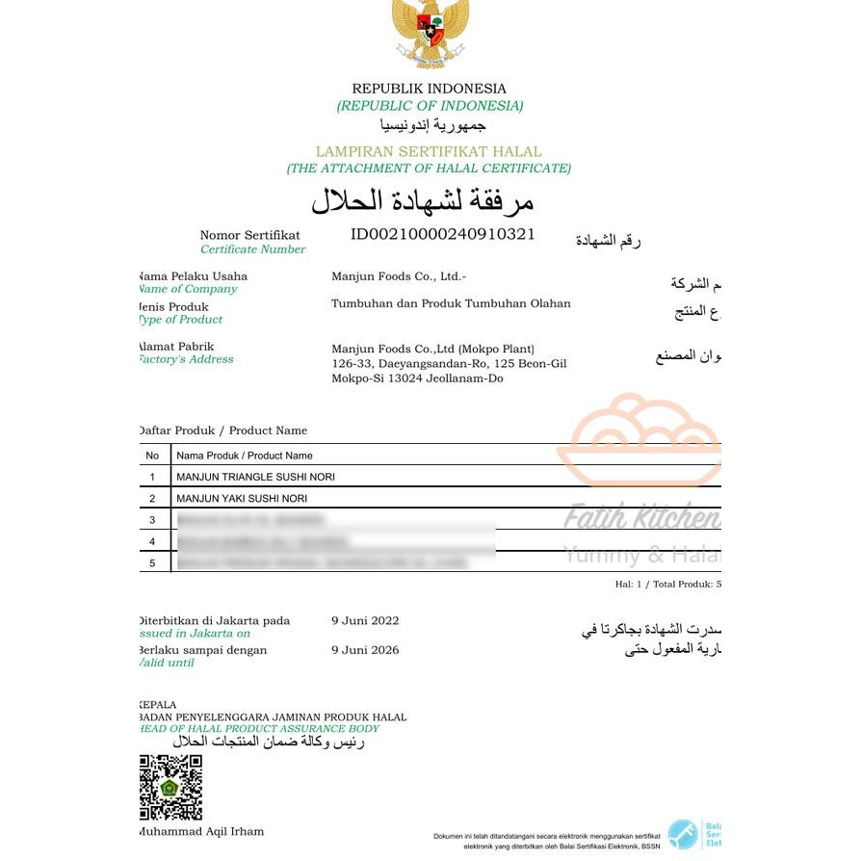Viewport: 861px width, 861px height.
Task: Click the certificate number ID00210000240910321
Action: click(442, 234)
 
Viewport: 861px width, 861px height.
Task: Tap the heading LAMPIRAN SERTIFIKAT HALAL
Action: click(429, 151)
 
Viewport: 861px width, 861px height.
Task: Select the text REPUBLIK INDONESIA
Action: click(429, 89)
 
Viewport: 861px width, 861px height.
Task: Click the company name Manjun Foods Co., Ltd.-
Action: click(399, 276)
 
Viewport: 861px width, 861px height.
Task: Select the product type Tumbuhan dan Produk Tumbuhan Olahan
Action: click(451, 303)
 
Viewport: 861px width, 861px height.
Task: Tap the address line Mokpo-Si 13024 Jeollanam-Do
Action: click(417, 378)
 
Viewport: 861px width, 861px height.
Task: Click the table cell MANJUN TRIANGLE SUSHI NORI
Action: click(255, 477)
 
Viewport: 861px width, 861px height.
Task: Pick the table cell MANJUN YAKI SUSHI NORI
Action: click(242, 498)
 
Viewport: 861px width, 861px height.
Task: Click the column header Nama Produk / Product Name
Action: click(244, 456)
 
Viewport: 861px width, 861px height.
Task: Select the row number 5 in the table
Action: click(152, 562)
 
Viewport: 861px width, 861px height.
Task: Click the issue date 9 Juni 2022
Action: click(365, 620)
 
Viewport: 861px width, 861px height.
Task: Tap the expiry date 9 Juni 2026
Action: click(365, 650)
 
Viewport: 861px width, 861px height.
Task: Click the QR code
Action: click(170, 787)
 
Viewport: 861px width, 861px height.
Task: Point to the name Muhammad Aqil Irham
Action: click(201, 831)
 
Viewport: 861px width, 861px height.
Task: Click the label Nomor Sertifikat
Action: click(249, 235)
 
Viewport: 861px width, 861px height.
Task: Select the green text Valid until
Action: click(167, 663)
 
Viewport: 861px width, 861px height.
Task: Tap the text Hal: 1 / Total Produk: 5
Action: click(667, 584)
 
